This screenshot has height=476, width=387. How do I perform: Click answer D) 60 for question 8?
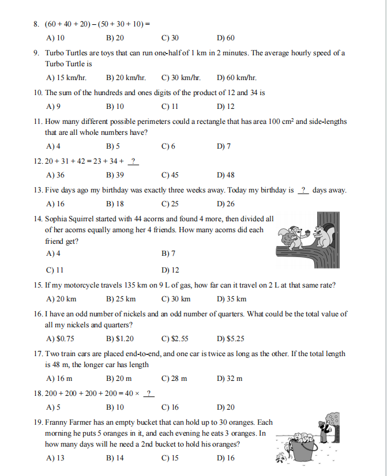pyautogui.click(x=226, y=39)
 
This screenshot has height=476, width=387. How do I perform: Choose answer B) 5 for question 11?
pyautogui.click(x=114, y=146)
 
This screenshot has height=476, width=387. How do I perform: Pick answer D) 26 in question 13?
pyautogui.click(x=226, y=203)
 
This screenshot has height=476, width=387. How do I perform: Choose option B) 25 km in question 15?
pyautogui.click(x=121, y=299)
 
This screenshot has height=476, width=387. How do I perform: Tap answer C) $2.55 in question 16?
pyautogui.click(x=176, y=339)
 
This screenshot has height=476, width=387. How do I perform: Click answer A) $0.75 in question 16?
pyautogui.click(x=59, y=339)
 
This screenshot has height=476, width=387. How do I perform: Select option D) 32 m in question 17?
pyautogui.click(x=230, y=379)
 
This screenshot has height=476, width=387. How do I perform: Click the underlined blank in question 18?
pyautogui.click(x=149, y=393)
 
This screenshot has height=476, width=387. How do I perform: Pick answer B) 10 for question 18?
pyautogui.click(x=115, y=407)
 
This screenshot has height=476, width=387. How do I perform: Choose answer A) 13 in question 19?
pyautogui.click(x=55, y=458)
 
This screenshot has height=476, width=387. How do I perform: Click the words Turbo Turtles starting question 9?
pyautogui.click(x=67, y=53)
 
